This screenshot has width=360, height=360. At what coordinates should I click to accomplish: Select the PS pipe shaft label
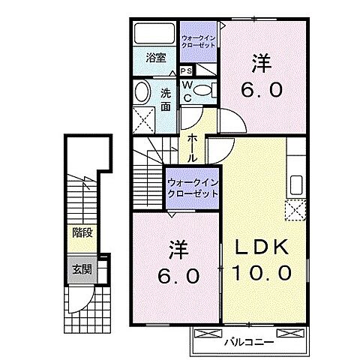click(x=184, y=70)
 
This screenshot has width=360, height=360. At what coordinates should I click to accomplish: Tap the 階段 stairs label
click(x=82, y=232)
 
